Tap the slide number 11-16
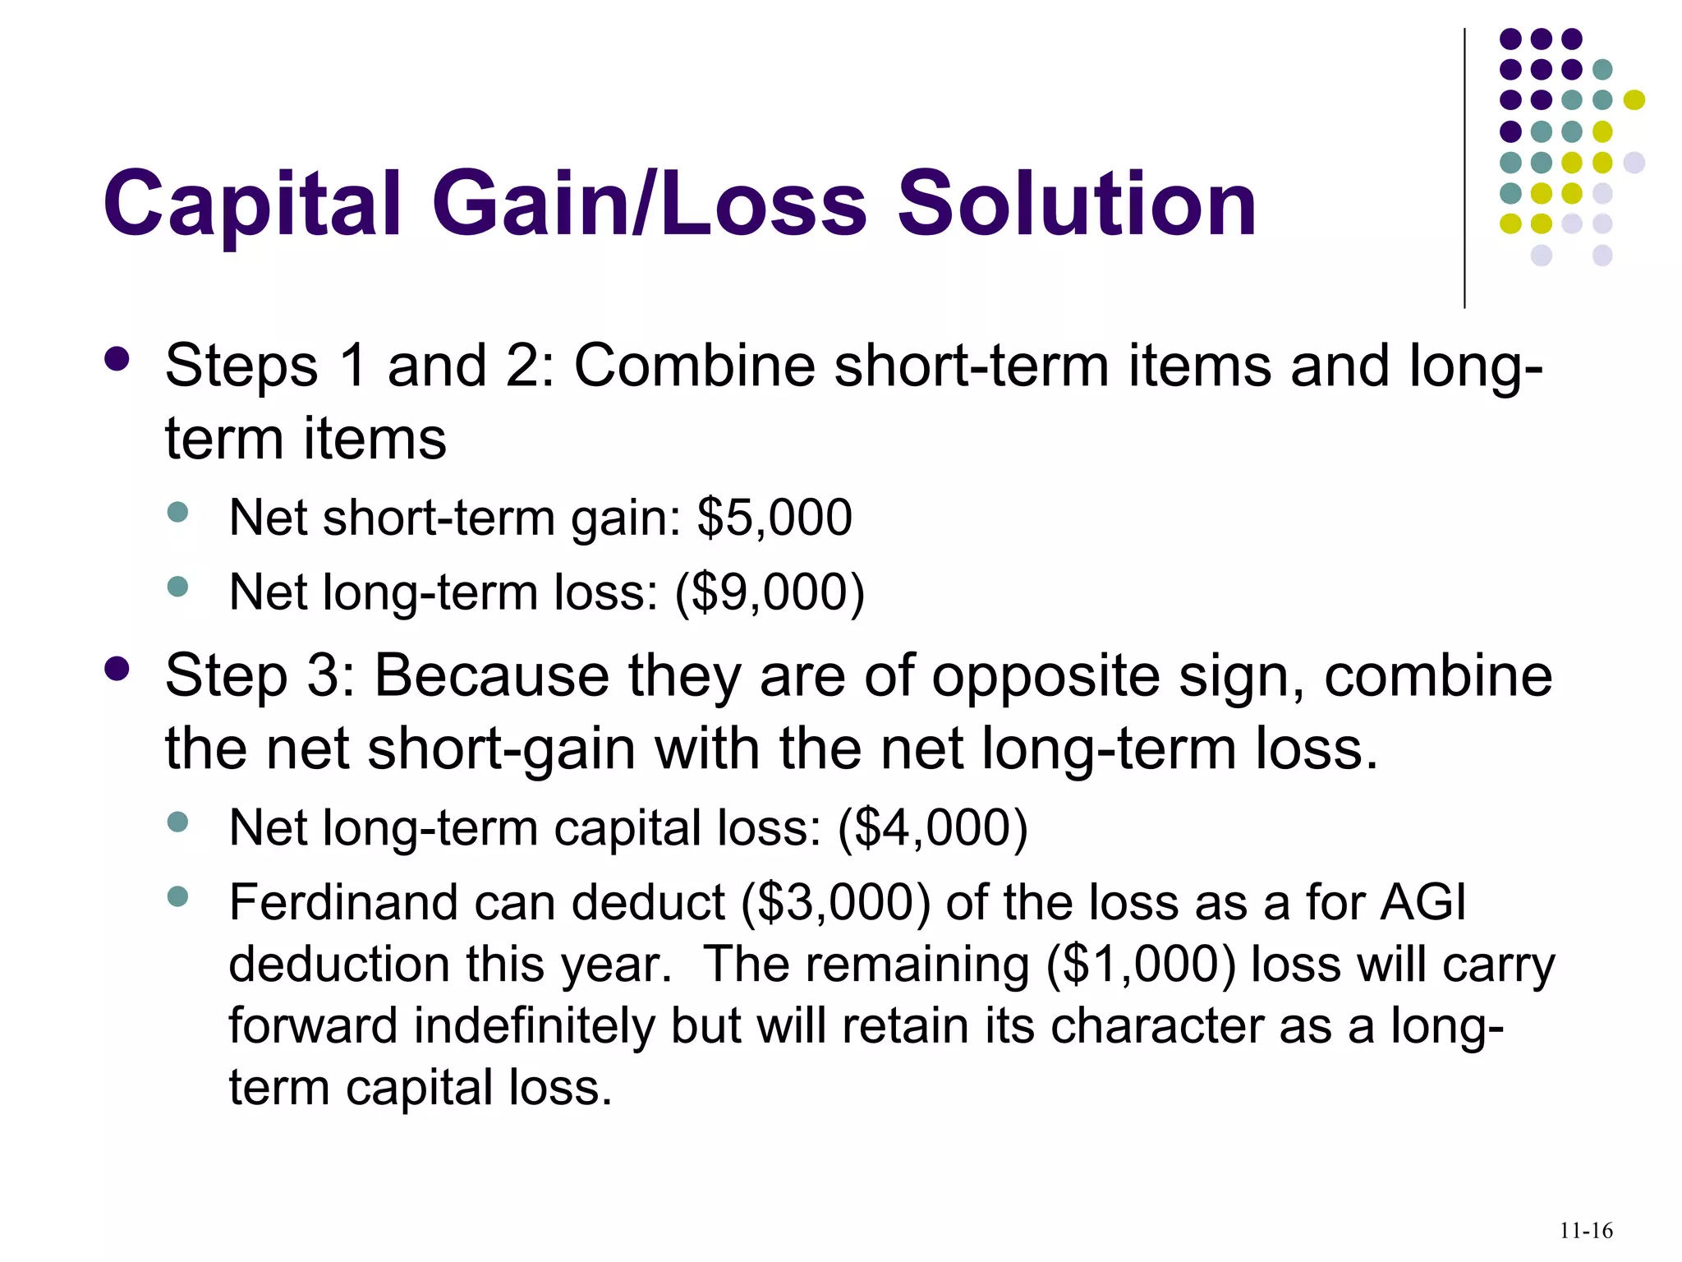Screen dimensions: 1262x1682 (1586, 1230)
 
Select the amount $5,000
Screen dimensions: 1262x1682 (774, 518)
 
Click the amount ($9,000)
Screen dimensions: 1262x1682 (770, 592)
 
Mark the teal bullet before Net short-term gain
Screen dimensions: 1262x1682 (177, 513)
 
